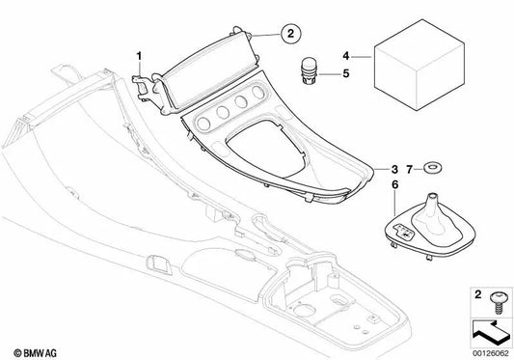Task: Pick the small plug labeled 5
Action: [310, 71]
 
